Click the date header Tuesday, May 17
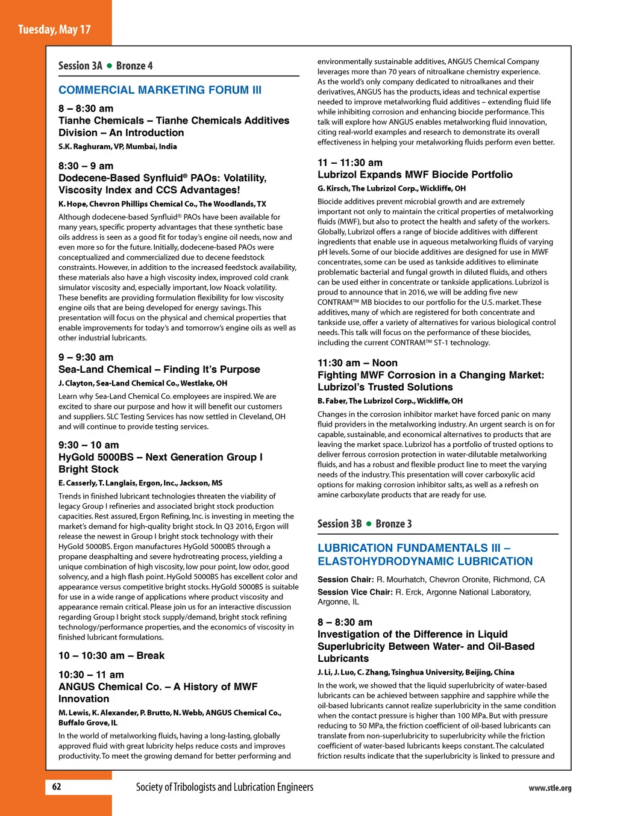[x=54, y=30]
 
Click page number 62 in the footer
[x=57, y=786]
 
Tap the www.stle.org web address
[x=550, y=788]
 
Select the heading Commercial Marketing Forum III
[x=160, y=90]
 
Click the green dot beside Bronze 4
[x=110, y=66]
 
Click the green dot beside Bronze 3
[x=369, y=524]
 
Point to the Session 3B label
[x=339, y=524]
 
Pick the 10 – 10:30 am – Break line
[x=111, y=656]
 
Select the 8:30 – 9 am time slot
[x=86, y=166]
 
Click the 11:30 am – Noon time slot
[x=357, y=363]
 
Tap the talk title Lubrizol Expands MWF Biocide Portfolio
[x=415, y=175]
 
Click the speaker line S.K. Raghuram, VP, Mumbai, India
[x=117, y=146]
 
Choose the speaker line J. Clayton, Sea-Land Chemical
[x=143, y=383]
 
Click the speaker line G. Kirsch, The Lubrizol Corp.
[x=392, y=188]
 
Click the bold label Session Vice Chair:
[x=355, y=593]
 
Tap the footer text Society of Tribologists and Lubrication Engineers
[x=224, y=787]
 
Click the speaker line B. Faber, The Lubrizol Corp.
[x=390, y=401]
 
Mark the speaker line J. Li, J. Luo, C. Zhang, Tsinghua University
[x=416, y=672]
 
